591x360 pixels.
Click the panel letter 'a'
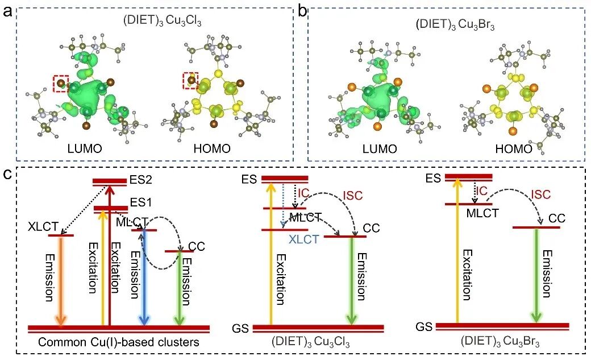coord(7,11)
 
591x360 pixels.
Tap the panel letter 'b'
coord(303,11)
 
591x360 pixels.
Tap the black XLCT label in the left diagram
coord(41,226)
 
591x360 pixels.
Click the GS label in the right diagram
coord(424,327)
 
